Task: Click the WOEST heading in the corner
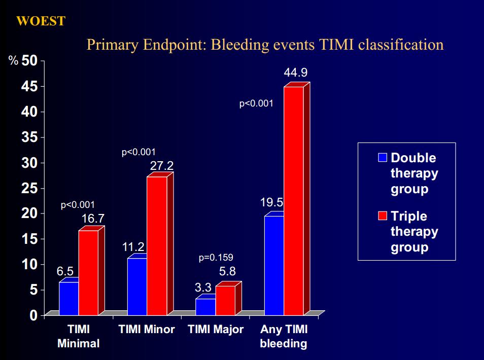click(41, 21)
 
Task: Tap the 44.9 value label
click(296, 73)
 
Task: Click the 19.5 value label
click(271, 202)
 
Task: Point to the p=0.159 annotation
click(216, 257)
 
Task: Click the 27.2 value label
click(162, 166)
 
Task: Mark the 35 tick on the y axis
click(29, 137)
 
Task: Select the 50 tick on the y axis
click(29, 61)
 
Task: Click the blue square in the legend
click(383, 157)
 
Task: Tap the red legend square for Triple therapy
click(383, 215)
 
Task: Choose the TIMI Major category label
click(216, 330)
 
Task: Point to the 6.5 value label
click(65, 271)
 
